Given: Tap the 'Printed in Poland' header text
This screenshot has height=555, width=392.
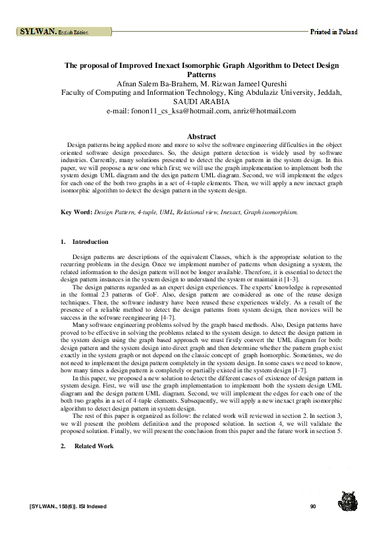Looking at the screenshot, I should [x=334, y=32].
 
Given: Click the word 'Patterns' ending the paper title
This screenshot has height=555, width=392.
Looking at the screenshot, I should [x=202, y=75].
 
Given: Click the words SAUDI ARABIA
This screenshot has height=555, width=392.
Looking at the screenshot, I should [x=202, y=102].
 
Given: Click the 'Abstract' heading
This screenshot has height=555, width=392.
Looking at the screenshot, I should [x=202, y=136].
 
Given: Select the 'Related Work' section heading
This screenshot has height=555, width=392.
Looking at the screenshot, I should [x=94, y=446].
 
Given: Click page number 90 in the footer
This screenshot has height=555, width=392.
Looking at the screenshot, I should [x=313, y=506].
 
